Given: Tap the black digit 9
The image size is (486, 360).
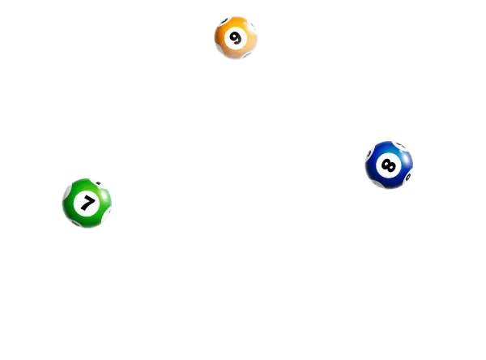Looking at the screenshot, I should pyautogui.click(x=236, y=38).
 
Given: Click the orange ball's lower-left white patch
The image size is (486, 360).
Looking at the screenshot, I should pyautogui.click(x=220, y=51).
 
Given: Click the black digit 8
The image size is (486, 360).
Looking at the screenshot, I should pyautogui.click(x=389, y=165).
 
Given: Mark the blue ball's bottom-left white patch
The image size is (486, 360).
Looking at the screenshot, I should pyautogui.click(x=375, y=184).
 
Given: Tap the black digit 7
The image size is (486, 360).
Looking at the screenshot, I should pyautogui.click(x=87, y=203).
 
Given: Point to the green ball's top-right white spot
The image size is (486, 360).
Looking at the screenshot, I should pyautogui.click(x=103, y=184).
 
